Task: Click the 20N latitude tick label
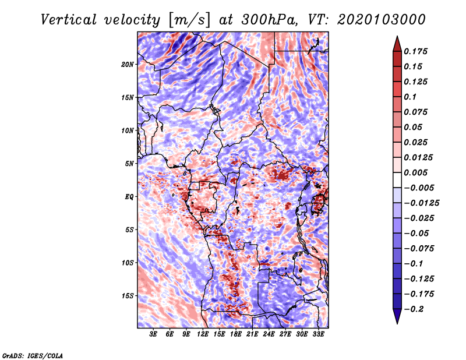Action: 128,64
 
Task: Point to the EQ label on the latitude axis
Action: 129,197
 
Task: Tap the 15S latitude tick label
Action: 128,296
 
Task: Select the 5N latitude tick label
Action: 129,164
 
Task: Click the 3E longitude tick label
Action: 154,334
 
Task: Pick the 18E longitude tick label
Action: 236,334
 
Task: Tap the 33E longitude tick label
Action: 318,334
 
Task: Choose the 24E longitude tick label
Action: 269,334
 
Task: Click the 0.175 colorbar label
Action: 416,52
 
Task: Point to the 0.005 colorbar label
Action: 416,173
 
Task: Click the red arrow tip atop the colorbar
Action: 396,41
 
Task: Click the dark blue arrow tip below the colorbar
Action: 396,319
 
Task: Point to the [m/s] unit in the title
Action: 189,20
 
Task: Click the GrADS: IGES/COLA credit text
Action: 32,355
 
